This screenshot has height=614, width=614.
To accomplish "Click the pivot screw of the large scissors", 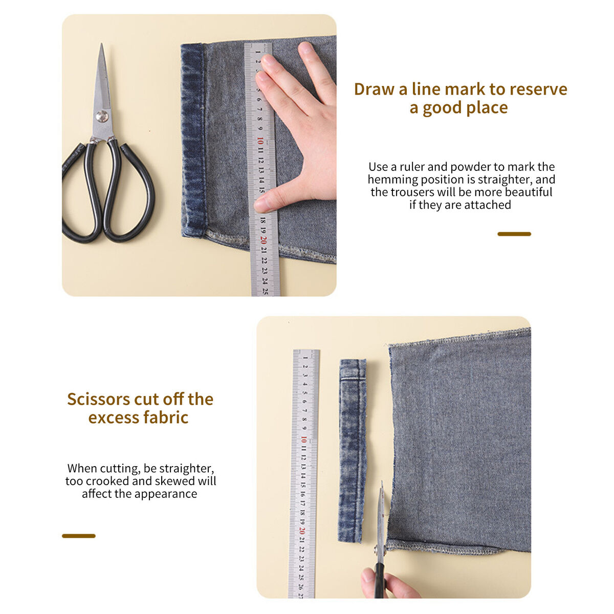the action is click(x=102, y=117).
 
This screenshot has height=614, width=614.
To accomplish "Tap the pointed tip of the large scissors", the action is click(x=101, y=44).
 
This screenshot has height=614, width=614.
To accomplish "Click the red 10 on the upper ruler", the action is click(x=260, y=141).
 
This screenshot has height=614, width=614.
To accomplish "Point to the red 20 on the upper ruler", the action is click(x=263, y=240).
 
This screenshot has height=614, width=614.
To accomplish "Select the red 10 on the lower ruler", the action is click(x=303, y=440).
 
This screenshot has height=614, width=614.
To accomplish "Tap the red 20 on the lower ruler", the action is click(x=302, y=531).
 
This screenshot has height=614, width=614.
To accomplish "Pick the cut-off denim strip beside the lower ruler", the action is click(x=352, y=451).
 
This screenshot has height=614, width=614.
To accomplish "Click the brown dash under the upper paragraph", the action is click(x=514, y=234).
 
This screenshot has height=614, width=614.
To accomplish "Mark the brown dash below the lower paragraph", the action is click(x=79, y=536).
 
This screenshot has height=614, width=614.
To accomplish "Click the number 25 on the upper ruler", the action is click(x=265, y=291).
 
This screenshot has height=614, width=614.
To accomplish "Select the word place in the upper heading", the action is click(x=486, y=107).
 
